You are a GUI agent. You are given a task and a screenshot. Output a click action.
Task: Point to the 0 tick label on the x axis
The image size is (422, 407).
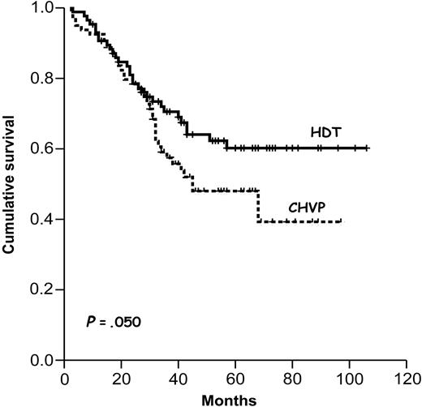tap(66, 377)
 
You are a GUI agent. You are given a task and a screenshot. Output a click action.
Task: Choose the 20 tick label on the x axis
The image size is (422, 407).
tap(123, 377)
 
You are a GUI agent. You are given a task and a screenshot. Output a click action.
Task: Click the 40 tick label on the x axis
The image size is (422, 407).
tap(179, 377)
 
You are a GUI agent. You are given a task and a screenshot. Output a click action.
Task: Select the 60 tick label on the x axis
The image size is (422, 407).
tap(236, 377)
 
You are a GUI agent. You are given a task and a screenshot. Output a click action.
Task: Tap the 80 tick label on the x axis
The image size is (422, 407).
tap(293, 377)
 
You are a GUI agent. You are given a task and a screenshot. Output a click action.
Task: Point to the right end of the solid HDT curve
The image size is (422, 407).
tap(368, 148)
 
